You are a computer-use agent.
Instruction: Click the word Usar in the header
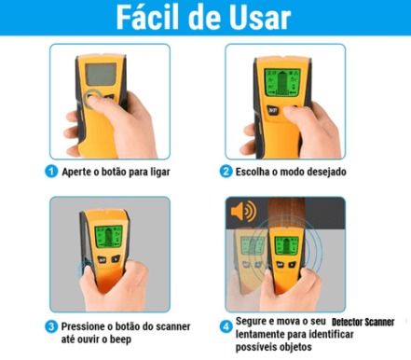tap(259, 18)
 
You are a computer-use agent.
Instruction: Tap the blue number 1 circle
tap(51, 172)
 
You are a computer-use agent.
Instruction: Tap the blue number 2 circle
tap(226, 172)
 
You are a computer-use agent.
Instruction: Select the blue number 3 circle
tap(51, 326)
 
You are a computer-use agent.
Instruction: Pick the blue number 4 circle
tap(226, 326)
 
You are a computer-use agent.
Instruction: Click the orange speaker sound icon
tap(243, 212)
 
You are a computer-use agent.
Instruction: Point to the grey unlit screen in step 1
tap(101, 74)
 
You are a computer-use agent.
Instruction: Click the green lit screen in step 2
tap(282, 82)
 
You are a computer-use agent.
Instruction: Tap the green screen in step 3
tap(108, 237)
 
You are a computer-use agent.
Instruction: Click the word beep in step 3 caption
tap(120, 339)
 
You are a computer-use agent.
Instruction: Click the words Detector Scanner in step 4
tap(363, 322)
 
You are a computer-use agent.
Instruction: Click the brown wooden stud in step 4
tap(285, 213)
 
